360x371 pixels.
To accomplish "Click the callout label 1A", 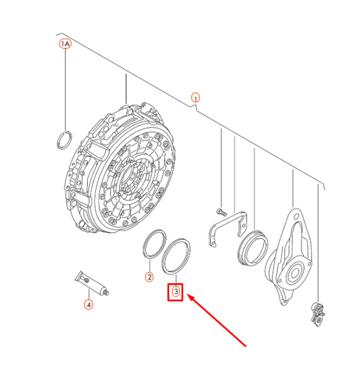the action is pos(65,44).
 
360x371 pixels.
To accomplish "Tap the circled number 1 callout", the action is pos(195,97).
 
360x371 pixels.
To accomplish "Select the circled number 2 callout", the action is pos(149,277).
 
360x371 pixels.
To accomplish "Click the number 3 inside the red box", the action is pos(176,291).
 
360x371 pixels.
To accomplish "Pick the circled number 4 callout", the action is pos(88,304).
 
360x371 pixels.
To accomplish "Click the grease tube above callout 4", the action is pos(92,283).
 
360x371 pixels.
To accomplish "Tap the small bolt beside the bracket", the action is pos(222,212).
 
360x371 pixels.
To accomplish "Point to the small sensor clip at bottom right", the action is pos(317,314).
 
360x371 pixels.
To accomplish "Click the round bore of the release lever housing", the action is pos(294,273).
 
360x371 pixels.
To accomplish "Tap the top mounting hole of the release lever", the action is pos(296,217).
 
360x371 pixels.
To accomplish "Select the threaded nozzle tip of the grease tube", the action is pos(106,293).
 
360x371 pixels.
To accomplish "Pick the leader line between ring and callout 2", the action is pos(149,265).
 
